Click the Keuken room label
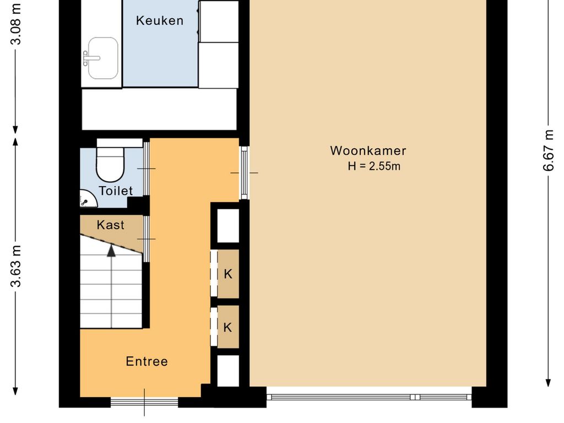click(x=160, y=21)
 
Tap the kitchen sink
click(x=102, y=58)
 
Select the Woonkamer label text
click(x=368, y=151)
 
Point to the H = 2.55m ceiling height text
click(x=373, y=166)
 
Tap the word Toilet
click(x=116, y=191)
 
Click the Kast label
click(x=111, y=225)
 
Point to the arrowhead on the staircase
click(x=112, y=251)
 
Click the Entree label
click(x=147, y=361)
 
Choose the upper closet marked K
click(x=228, y=274)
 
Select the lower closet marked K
click(x=228, y=327)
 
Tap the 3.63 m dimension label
click(x=16, y=266)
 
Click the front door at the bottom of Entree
click(x=145, y=402)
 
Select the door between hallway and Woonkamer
click(x=244, y=173)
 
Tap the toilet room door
click(x=147, y=168)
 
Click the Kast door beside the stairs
click(x=147, y=238)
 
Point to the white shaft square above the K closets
click(x=228, y=226)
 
